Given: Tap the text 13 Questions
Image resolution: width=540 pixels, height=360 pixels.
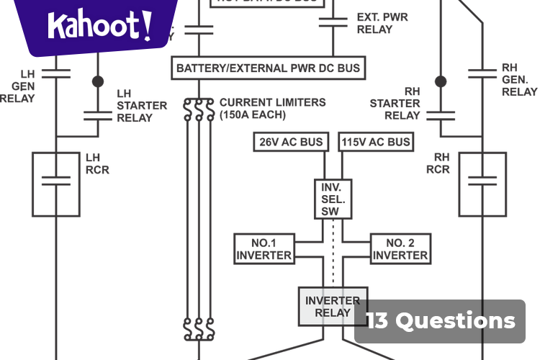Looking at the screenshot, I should pos(441,320).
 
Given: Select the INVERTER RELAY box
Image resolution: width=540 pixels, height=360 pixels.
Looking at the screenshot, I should pos(333,307).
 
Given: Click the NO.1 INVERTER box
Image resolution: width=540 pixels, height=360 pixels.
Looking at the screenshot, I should pos(264,249).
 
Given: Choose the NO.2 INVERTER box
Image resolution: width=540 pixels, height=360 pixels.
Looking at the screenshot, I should pos(400,249).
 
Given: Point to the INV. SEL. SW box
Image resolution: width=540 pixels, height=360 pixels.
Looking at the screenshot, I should pos(333,198).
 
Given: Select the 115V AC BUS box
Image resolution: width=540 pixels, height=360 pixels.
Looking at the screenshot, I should pos(375,142).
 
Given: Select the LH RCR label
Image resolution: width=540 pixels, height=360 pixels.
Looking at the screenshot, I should pos(97,163).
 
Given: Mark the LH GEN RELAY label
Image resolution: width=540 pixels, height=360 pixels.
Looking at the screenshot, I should pos(18,86).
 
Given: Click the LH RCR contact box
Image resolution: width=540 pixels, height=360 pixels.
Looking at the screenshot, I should pos(55,184).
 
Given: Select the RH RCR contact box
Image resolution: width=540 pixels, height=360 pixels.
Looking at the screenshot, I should pos(483,184).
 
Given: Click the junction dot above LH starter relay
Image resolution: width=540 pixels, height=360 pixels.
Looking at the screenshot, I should pos(97,81).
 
